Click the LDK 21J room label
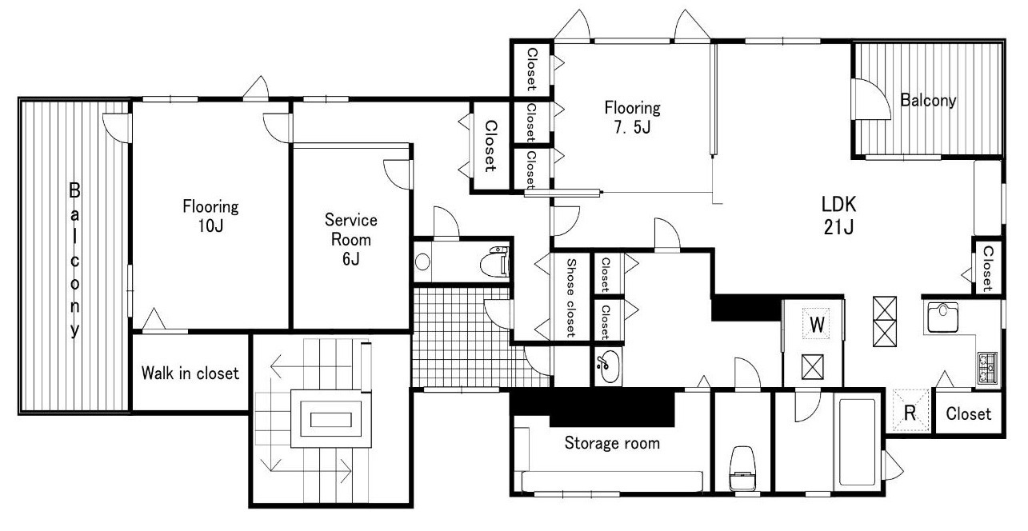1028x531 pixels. point(838,215)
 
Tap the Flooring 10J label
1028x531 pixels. point(210,216)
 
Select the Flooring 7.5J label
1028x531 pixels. point(633,117)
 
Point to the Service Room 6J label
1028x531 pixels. point(351,239)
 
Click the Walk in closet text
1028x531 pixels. point(190,373)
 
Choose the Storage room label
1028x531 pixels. point(612,443)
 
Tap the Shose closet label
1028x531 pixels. point(571,297)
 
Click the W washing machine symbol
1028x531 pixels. point(817,325)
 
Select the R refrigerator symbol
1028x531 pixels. point(910,411)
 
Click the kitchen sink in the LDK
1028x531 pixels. point(942,317)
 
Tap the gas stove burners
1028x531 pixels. point(987,368)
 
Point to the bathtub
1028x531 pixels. point(857,441)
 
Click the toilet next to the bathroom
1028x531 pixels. point(742,468)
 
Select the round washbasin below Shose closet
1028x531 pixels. point(609,366)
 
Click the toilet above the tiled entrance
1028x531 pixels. point(494,262)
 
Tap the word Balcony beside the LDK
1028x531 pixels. point(928,101)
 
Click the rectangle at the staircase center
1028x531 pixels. point(330,420)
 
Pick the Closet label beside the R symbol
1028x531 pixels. point(968,414)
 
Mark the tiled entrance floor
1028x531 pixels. point(463,337)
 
